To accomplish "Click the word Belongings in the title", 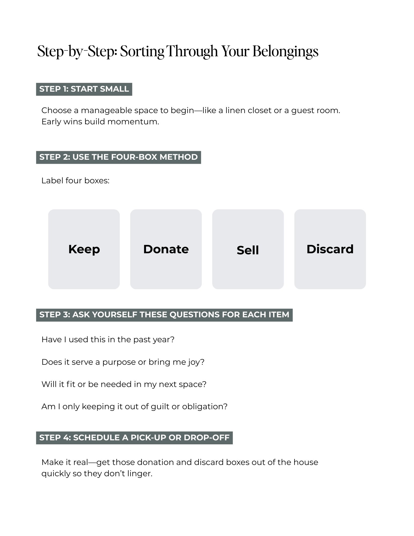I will click(285, 51).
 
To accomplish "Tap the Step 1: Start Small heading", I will click(84, 89).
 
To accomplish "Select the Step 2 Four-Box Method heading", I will click(118, 157).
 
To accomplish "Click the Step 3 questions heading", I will click(164, 315).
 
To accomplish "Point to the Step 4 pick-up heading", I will click(134, 438).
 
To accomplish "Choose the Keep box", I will click(84, 249).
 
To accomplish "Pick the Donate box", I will click(166, 249).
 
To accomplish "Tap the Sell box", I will click(248, 249).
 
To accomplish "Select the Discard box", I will click(330, 249).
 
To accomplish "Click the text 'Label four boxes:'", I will click(75, 181).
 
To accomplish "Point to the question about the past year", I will click(108, 340).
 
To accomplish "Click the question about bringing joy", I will click(123, 362).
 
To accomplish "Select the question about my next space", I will click(124, 384).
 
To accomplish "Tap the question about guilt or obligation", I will click(134, 407).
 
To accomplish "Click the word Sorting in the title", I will click(142, 51).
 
